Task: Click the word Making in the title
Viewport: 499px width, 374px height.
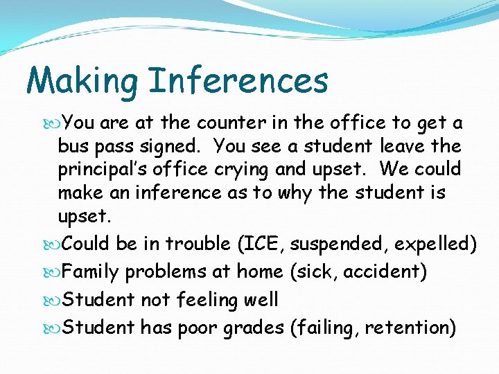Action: click(x=82, y=82)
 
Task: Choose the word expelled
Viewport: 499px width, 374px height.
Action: click(x=438, y=244)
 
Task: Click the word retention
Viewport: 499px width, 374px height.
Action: click(x=406, y=328)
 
